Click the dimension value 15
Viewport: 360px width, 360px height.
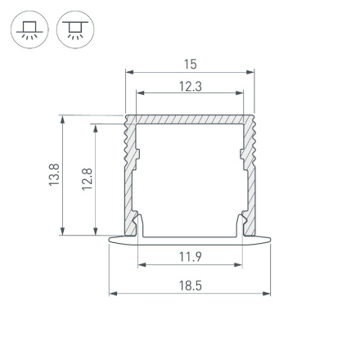(x=190, y=64)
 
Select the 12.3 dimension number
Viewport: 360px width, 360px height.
(x=190, y=86)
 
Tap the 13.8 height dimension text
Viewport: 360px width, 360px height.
(x=54, y=176)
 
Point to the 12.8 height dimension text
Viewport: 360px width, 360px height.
(x=88, y=179)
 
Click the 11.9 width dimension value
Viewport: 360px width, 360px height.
(x=190, y=257)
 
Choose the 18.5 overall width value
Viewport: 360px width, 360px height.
(x=190, y=286)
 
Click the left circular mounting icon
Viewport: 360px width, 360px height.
(x=29, y=31)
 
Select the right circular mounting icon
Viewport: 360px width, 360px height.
(x=75, y=31)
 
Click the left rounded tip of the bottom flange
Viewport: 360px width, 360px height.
(x=112, y=240)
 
